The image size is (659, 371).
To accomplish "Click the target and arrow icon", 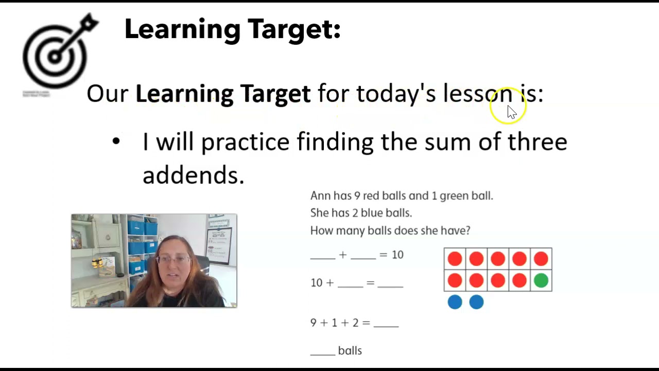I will tap(57, 52).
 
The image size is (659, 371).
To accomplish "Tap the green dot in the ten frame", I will tap(541, 280).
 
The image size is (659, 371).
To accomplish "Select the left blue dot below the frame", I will tap(455, 302).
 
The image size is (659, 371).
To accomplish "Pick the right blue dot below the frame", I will tap(476, 302).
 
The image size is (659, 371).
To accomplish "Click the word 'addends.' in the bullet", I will tap(193, 175).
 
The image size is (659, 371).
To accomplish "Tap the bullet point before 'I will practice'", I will tap(116, 141).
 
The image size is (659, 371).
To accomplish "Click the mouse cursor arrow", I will tap(511, 112).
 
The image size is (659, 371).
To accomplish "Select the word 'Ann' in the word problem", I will tap(320, 196).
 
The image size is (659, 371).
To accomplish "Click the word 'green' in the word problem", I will tap(455, 196).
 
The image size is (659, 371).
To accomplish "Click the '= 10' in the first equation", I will tap(391, 255).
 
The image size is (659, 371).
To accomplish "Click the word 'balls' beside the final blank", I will tap(350, 351).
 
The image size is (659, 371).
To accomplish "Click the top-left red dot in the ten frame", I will tap(455, 259).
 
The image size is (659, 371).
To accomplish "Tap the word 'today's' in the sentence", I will tap(395, 94).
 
